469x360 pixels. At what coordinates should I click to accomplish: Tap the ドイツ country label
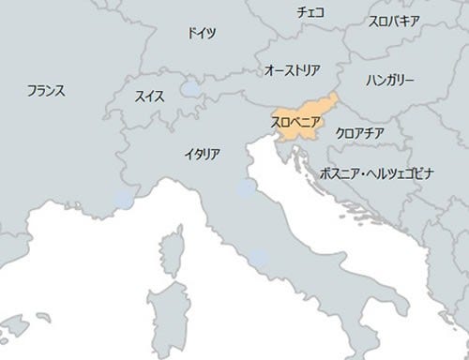pyautogui.click(x=201, y=33)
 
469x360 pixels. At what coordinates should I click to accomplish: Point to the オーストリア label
pyautogui.click(x=295, y=70)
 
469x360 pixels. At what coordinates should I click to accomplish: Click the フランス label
pyautogui.click(x=45, y=91)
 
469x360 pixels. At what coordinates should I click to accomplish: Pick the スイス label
pyautogui.click(x=151, y=95)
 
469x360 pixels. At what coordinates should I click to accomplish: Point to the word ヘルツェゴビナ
pyautogui.click(x=404, y=174)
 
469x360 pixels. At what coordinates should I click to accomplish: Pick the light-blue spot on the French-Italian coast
pyautogui.click(x=124, y=199)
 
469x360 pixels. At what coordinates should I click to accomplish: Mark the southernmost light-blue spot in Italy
pyautogui.click(x=256, y=254)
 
